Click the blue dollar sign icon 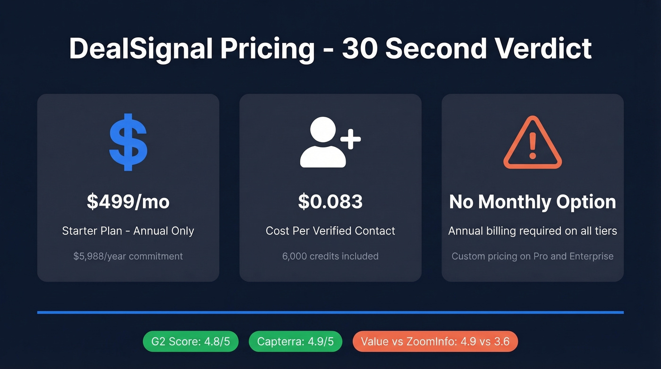(x=128, y=142)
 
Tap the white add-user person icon (x=326, y=143)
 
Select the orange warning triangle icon (x=533, y=143)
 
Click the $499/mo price (x=128, y=202)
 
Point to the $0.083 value (x=330, y=202)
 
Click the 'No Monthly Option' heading (x=533, y=202)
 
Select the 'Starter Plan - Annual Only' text (x=128, y=231)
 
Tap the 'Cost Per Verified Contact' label (x=330, y=231)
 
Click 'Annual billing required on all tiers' (x=533, y=231)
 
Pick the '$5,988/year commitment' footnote (x=128, y=257)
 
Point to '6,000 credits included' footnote (x=330, y=257)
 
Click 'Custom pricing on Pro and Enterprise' (x=533, y=257)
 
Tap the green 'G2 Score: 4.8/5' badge (x=190, y=342)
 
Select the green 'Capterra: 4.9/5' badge (x=295, y=342)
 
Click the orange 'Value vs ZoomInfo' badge (x=435, y=342)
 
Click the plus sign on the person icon (x=350, y=139)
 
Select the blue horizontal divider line (x=330, y=312)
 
